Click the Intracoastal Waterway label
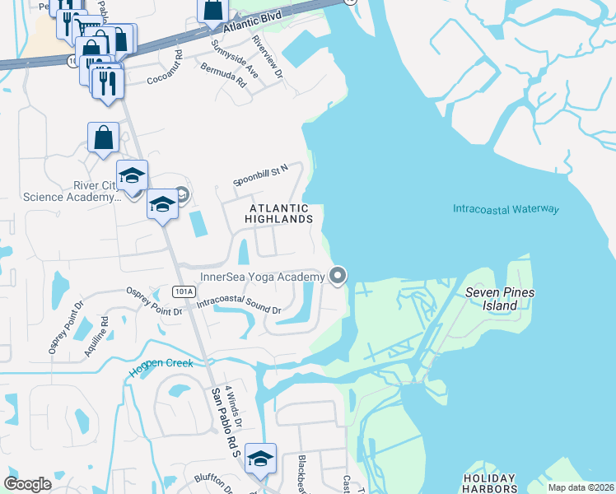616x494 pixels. (506, 209)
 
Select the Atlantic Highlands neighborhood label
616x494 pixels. (281, 214)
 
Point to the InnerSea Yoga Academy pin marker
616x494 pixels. (338, 276)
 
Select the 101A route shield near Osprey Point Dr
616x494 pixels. (184, 291)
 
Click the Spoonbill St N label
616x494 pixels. (260, 175)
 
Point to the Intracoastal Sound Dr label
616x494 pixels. (240, 307)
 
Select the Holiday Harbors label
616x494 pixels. (489, 483)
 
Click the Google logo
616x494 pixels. (27, 484)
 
